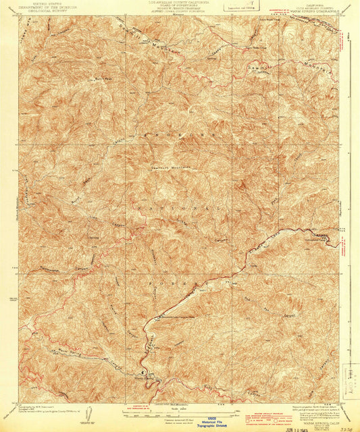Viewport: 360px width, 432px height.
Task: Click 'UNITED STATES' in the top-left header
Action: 42,4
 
